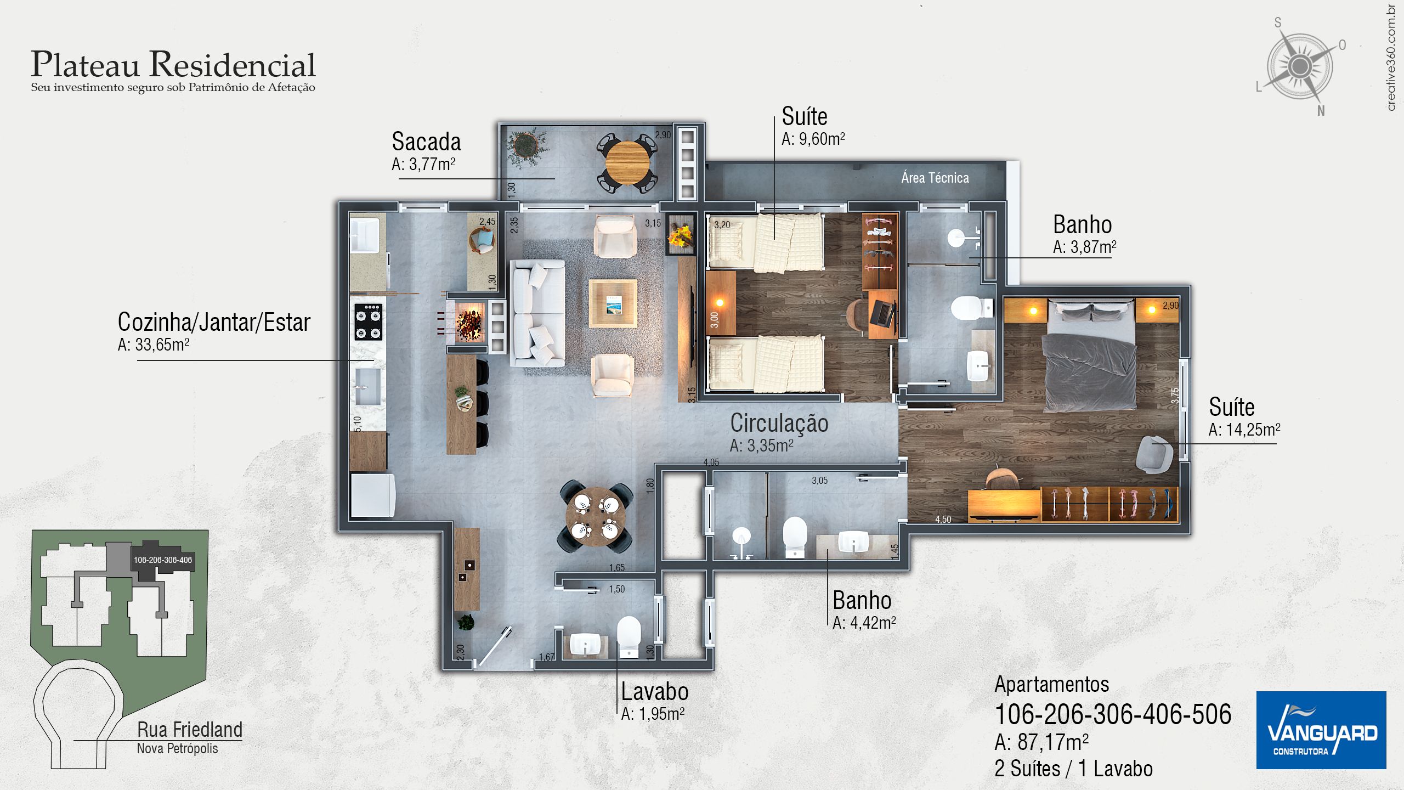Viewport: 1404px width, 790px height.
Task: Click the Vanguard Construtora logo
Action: tap(1321, 730)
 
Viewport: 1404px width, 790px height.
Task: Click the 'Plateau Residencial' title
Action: tap(173, 64)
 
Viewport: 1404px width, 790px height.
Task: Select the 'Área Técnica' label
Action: tap(935, 178)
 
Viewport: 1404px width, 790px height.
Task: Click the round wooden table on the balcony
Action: tap(627, 163)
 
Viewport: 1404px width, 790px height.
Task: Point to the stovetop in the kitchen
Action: tap(368, 322)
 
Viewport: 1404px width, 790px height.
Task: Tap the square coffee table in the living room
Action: tap(613, 303)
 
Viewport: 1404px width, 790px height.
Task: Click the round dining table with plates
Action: tap(595, 516)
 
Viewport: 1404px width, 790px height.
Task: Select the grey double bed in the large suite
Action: tap(1090, 354)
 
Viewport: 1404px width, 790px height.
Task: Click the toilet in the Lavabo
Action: tap(629, 636)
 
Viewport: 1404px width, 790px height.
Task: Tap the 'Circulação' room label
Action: tap(779, 423)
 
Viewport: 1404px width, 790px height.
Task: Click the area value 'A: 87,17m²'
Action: tap(1041, 742)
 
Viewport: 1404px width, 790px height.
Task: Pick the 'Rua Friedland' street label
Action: tap(190, 730)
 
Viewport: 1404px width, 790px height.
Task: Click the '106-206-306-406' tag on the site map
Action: tap(163, 560)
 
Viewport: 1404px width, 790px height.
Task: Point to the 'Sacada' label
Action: tap(426, 142)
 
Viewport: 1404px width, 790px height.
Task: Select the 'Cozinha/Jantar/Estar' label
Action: tap(214, 322)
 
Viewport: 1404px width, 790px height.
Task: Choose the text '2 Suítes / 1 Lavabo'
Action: tap(1073, 769)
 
